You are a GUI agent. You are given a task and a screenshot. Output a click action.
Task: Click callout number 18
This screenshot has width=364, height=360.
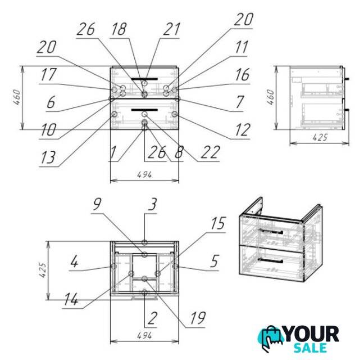pos(119,29)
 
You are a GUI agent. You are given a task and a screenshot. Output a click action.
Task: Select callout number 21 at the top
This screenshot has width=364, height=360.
pos(171,29)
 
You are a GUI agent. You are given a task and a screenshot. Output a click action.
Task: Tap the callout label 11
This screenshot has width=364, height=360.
pos(242,47)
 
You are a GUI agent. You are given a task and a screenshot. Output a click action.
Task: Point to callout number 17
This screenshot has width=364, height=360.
pos(48,74)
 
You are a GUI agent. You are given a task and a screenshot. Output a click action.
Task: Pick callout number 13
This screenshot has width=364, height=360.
pos(48,157)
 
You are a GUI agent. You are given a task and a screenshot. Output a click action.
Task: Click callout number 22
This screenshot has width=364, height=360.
pos(210,152)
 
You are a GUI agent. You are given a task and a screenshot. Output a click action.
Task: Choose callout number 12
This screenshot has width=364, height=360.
pos(243,130)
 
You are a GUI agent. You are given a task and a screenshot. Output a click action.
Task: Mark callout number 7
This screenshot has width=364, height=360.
pos(240,102)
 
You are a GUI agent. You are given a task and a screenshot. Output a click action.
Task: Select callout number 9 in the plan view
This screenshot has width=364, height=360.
pos(98,204)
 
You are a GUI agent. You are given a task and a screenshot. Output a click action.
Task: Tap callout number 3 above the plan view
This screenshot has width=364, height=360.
pos(153,204)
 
